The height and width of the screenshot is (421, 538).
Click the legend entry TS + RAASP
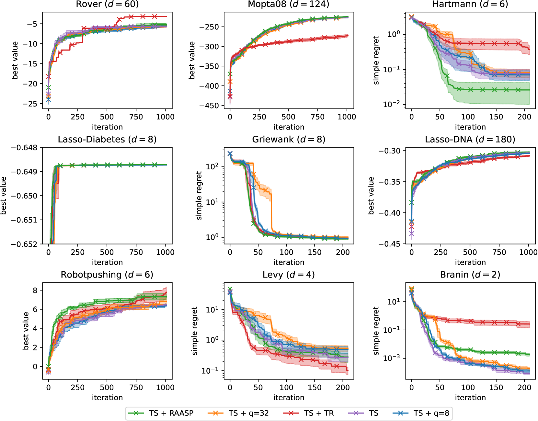tap(171, 413)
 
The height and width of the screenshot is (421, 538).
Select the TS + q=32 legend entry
tap(248, 413)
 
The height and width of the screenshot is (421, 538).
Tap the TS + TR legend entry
tap(319, 413)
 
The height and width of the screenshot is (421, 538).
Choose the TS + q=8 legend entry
tap(431, 413)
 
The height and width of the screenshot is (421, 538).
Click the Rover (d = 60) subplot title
tap(107, 4)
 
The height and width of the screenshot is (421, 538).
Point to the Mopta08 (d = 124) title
tap(289, 4)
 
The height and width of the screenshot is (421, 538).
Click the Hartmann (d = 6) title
tap(470, 4)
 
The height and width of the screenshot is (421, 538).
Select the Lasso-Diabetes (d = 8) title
tap(107, 139)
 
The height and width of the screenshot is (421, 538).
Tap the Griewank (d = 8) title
tap(289, 139)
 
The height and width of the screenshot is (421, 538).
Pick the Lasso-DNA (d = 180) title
tap(470, 139)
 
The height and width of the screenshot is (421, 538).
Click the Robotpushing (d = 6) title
tap(107, 275)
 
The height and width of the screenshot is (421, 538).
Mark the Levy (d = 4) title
tap(289, 275)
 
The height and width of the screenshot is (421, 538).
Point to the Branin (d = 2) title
tap(470, 275)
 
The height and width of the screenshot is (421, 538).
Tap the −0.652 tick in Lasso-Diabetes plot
tap(24, 244)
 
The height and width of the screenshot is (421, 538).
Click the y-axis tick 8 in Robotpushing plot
tap(35, 290)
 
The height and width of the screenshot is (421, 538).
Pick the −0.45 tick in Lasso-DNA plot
tap(389, 244)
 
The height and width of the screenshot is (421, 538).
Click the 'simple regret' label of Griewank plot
tap(199, 196)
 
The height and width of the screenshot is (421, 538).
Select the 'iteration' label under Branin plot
tap(470, 398)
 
